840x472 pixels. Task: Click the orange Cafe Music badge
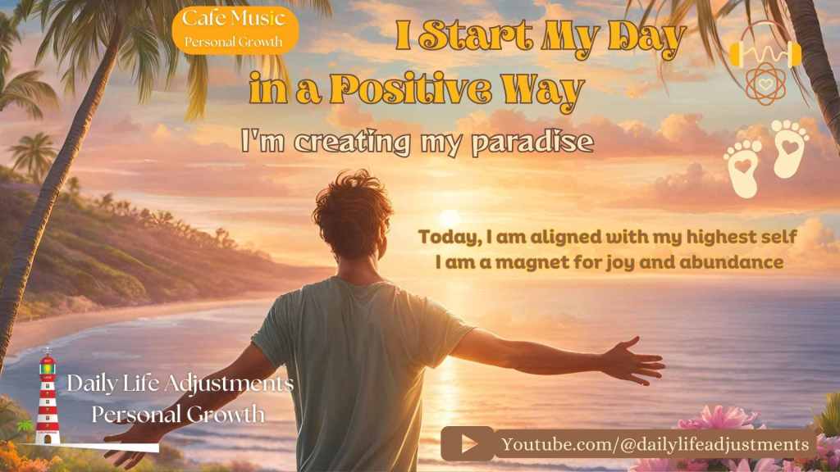[235, 29]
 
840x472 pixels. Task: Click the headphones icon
[765, 51]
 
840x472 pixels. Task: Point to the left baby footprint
[743, 169]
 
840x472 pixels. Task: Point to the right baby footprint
[790, 149]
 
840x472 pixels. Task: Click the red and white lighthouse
[48, 397]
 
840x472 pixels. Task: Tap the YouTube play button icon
[468, 444]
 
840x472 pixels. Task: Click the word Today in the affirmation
[448, 238]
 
